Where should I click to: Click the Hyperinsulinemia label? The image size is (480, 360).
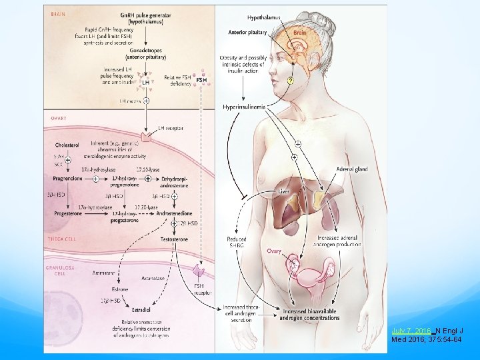pyautogui.click(x=244, y=107)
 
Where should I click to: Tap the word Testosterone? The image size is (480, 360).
pyautogui.click(x=173, y=238)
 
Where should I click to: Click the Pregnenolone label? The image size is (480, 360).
pyautogui.click(x=67, y=179)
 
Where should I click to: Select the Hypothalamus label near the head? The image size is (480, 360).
pyautogui.click(x=245, y=18)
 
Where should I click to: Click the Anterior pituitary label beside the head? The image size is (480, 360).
pyautogui.click(x=247, y=32)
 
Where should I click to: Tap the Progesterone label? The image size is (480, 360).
pyautogui.click(x=67, y=213)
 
